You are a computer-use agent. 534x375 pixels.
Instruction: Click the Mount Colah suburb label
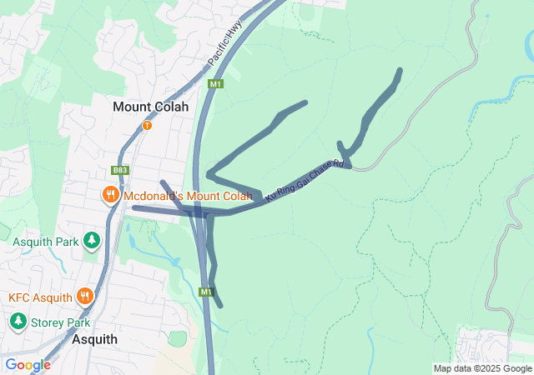(x=151, y=107)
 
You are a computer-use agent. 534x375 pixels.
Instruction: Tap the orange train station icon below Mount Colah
(x=147, y=125)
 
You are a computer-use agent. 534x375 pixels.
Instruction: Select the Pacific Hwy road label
(x=222, y=51)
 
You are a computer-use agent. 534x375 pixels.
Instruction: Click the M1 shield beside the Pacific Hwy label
(x=216, y=84)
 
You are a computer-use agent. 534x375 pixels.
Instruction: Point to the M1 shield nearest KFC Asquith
(x=207, y=292)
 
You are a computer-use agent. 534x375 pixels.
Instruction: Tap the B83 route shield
(x=120, y=171)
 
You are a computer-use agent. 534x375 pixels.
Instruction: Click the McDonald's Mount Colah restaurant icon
(x=110, y=196)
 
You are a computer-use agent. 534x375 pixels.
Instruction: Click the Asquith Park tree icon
(x=92, y=242)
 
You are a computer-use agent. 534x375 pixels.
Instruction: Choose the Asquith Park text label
(x=46, y=242)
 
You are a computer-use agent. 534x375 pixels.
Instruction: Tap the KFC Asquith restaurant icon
(x=84, y=297)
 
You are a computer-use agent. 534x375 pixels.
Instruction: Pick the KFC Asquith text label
(x=41, y=297)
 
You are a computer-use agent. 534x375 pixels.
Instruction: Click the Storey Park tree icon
(x=18, y=322)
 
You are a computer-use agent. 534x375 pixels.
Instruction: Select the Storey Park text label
(x=61, y=322)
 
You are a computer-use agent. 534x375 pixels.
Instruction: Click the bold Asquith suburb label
(x=94, y=340)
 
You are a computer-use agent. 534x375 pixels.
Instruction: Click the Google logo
(x=28, y=365)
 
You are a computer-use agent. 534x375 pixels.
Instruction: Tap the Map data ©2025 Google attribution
(x=482, y=368)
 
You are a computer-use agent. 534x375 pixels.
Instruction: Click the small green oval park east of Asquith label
(x=176, y=338)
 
